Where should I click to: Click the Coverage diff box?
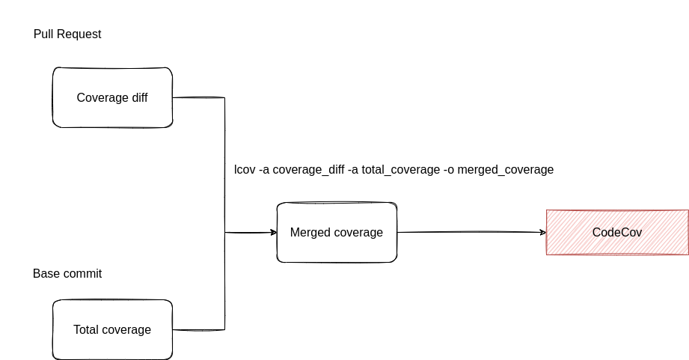[112, 97]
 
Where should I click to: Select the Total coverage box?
[112, 329]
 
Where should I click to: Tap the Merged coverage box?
[337, 232]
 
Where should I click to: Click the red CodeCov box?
[617, 232]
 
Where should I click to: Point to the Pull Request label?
[67, 34]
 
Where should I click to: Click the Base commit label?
[67, 274]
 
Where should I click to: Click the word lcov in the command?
[244, 170]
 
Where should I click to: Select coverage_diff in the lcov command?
[308, 170]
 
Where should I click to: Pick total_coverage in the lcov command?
[400, 170]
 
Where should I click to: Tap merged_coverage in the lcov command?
[506, 170]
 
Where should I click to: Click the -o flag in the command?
[449, 170]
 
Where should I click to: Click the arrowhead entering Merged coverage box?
[273, 232]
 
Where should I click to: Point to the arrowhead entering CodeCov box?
[542, 232]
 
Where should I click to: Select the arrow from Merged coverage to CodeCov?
[471, 232]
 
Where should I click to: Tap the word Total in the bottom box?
[88, 330]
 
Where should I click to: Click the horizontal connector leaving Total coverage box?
[198, 329]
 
